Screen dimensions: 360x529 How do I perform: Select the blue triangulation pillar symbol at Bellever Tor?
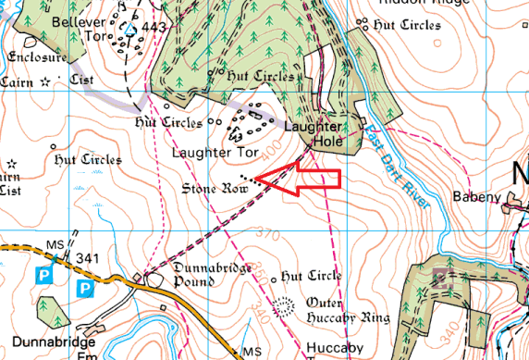pyautogui.click(x=130, y=30)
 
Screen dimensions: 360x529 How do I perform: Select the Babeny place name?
pyautogui.click(x=475, y=196)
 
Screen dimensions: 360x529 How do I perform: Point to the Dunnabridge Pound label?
pyautogui.click(x=191, y=277)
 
